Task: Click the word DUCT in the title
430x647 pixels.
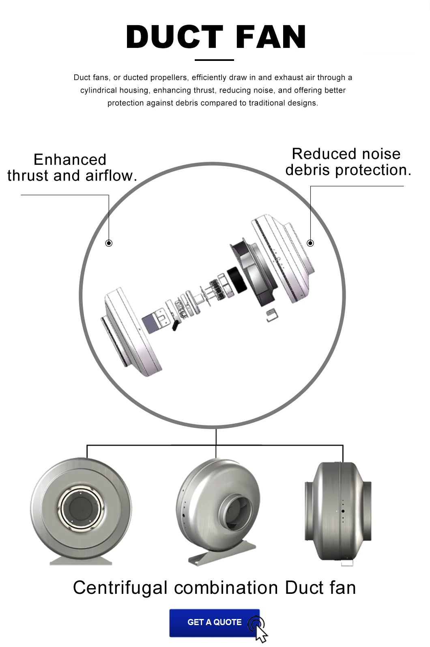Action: tap(174, 37)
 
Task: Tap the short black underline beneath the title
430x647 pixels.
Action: tap(214, 60)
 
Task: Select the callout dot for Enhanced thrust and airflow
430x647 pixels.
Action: tap(109, 243)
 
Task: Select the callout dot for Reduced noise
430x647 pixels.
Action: tap(310, 243)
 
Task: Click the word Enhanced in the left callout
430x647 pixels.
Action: tap(70, 160)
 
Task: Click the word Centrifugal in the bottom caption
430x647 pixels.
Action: tap(120, 587)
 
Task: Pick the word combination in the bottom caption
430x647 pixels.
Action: tap(226, 587)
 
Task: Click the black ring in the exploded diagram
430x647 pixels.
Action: tap(237, 280)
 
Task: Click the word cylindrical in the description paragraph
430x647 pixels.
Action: tap(98, 91)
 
